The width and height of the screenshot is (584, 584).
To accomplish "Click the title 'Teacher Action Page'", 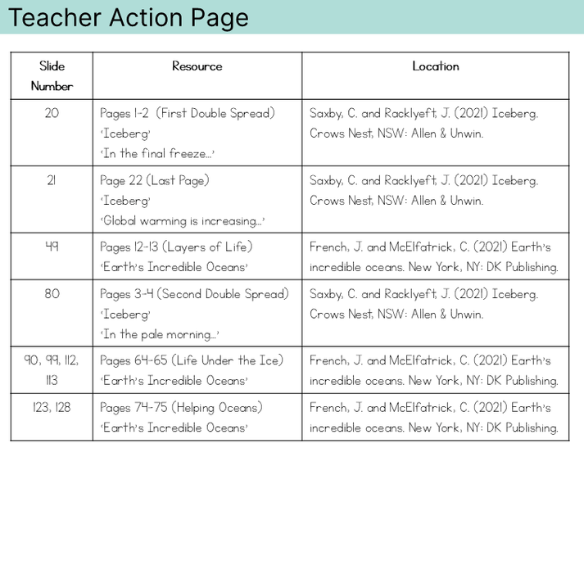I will pos(129,17).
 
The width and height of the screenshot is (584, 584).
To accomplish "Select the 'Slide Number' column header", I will pos(52,75).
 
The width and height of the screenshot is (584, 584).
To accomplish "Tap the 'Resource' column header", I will pos(197,66).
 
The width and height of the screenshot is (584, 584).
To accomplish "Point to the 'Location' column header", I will pos(435,66).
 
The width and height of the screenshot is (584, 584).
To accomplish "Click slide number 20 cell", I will pos(52,113).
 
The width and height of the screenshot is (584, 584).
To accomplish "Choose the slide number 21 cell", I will pos(52,180).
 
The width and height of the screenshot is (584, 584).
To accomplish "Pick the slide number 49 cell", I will pos(52,247).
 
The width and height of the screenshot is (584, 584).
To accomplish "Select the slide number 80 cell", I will pos(52,294).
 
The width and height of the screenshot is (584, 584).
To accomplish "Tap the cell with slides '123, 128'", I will pos(52,407).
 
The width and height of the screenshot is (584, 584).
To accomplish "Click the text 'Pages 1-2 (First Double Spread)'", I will pos(188,113).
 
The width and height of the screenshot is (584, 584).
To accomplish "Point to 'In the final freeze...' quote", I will pos(157,153).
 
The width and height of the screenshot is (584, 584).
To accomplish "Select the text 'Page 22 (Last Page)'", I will pos(155,180).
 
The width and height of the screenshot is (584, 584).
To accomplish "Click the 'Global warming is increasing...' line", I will pos(183,220).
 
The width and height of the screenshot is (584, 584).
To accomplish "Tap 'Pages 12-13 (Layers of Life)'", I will pos(176,247).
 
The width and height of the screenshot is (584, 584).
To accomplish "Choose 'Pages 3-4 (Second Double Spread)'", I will pos(194,294).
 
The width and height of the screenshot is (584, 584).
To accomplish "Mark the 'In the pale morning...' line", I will pos(160,334).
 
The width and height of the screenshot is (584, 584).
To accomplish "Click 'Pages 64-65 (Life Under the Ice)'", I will pos(192,360).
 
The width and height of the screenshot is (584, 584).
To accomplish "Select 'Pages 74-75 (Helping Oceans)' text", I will pos(181,407).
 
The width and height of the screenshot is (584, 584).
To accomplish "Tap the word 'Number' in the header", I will pos(52,86).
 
